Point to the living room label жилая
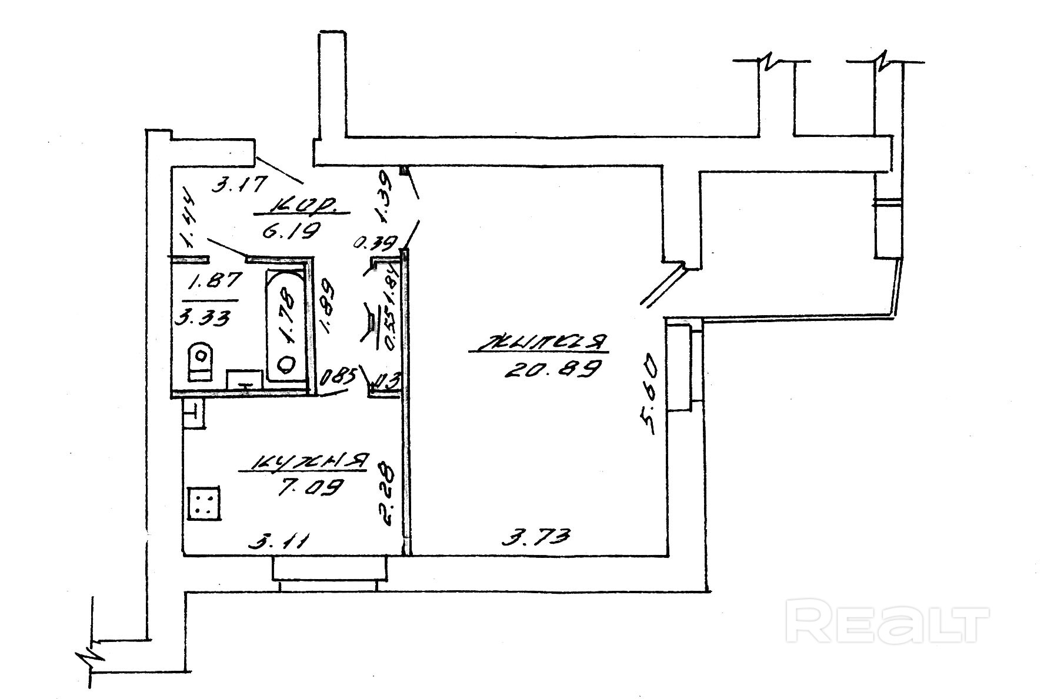(x=538, y=343)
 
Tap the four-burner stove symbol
(x=204, y=503)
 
